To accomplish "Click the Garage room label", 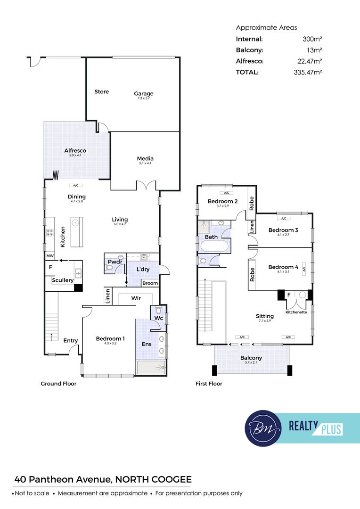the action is (x=143, y=93).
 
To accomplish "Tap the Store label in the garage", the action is (x=102, y=91).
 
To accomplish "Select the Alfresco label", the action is (x=75, y=151).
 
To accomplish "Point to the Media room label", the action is (x=145, y=158).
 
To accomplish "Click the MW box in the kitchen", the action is (x=49, y=256).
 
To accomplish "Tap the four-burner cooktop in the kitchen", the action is (x=49, y=232).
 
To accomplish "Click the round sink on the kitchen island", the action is (x=75, y=222).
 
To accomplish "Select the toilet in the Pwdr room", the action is (x=109, y=268).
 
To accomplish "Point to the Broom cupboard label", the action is (x=150, y=283).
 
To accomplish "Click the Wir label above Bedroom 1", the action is (x=136, y=298).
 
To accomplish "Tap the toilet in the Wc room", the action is (x=158, y=310).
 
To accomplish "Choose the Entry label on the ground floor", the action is (x=70, y=341).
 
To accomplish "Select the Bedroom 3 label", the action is (x=283, y=230).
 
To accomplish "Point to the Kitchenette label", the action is (x=296, y=312).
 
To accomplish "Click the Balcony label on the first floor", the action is (x=251, y=358).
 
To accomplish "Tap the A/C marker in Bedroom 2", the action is (x=226, y=193).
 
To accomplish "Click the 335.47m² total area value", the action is (x=308, y=73).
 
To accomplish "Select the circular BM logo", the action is (x=263, y=428).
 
